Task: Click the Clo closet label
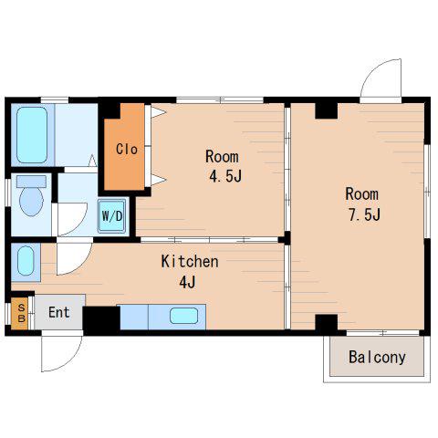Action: [x=127, y=149]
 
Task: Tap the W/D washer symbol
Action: [x=112, y=216]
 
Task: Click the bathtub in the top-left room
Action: [x=32, y=135]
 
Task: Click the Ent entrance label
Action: [x=59, y=313]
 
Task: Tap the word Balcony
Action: [x=377, y=358]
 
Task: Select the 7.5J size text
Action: [x=364, y=215]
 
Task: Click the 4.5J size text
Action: [x=225, y=176]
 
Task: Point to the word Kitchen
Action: [x=190, y=262]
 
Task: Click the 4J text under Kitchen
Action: [x=187, y=282]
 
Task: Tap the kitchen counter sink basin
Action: [x=183, y=316]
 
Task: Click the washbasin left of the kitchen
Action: [x=26, y=261]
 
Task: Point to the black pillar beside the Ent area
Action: [x=101, y=320]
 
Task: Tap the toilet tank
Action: [x=31, y=182]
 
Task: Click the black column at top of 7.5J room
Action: [x=327, y=110]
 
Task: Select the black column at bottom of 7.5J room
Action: [x=327, y=323]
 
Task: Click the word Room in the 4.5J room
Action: [x=222, y=157]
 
